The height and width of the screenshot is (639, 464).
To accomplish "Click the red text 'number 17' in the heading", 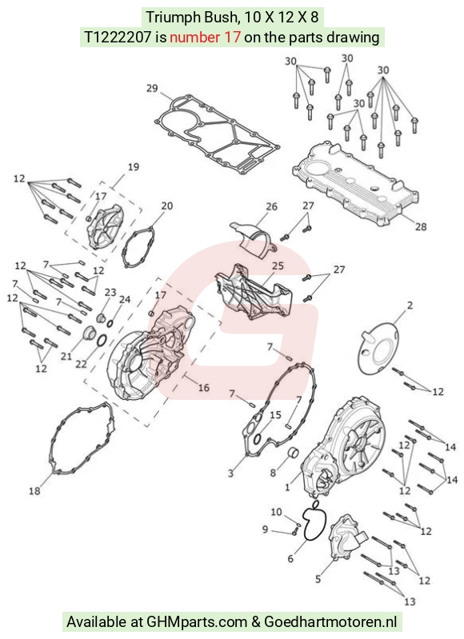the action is pyautogui.click(x=205, y=38).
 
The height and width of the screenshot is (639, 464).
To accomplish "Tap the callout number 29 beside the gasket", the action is pyautogui.click(x=152, y=88).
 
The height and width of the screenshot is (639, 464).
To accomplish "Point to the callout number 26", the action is pyautogui.click(x=271, y=206).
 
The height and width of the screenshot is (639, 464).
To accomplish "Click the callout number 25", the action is pyautogui.click(x=278, y=266).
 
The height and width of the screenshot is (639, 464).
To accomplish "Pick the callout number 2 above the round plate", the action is pyautogui.click(x=410, y=305).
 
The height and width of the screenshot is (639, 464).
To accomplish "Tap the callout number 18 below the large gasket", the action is pyautogui.click(x=34, y=491).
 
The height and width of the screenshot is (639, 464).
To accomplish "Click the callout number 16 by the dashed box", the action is pyautogui.click(x=203, y=387).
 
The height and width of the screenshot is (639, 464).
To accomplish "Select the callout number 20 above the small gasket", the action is pyautogui.click(x=166, y=206).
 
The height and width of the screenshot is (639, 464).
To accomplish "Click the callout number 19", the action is pyautogui.click(x=134, y=166).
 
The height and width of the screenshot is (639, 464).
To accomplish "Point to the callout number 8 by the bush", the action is pyautogui.click(x=273, y=473).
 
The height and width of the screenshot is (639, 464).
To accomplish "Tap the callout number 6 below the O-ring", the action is pyautogui.click(x=290, y=558).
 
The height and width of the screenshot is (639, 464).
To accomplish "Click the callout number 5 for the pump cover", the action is pyautogui.click(x=318, y=578).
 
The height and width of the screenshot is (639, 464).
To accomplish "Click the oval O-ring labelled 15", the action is pyautogui.click(x=258, y=439).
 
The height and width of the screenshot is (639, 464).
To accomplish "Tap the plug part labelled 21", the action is pyautogui.click(x=88, y=333).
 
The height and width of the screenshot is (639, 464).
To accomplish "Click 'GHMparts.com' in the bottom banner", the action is pyautogui.click(x=197, y=622).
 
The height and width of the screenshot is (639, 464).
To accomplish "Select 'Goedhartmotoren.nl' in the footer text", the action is pyautogui.click(x=330, y=622).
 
